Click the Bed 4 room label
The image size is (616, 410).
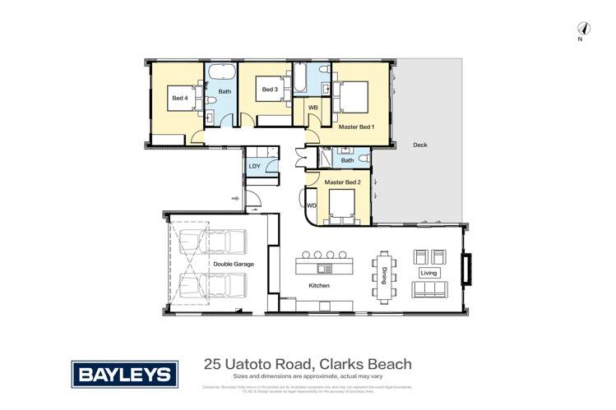(179, 99)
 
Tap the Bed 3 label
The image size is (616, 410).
(270, 90)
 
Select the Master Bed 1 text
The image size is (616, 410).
(357, 127)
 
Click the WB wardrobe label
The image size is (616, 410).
(313, 108)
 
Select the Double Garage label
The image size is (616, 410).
(234, 265)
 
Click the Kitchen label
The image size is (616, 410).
(319, 285)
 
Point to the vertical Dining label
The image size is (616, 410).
(384, 274)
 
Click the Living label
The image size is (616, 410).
(429, 273)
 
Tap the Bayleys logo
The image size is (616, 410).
(126, 375)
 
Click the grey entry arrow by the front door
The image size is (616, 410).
(235, 198)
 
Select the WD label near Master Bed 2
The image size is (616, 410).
(312, 205)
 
